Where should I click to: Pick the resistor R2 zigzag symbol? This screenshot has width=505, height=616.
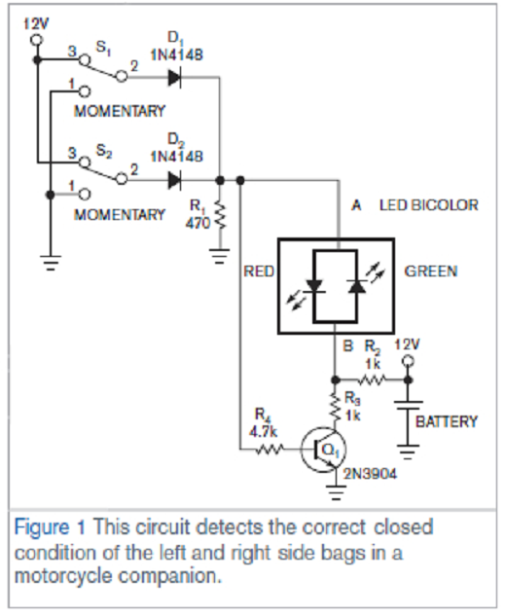point(373,376)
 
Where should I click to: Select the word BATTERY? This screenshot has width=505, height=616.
point(447,421)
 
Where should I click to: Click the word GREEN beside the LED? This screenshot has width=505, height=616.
point(430,272)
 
